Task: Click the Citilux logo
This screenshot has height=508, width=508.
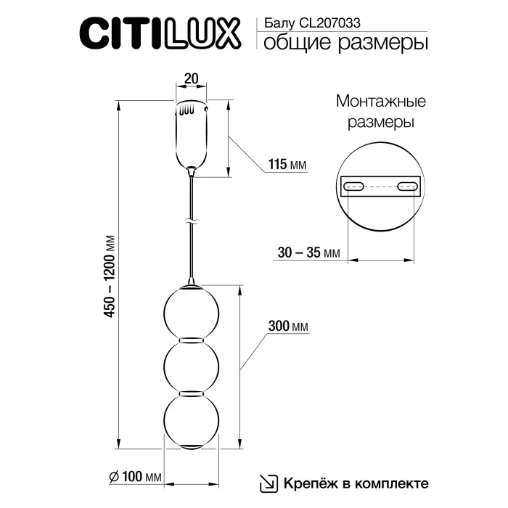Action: pos(160,33)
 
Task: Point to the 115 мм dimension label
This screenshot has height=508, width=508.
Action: pos(286,165)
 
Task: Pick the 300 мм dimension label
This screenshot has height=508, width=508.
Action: pos(288,327)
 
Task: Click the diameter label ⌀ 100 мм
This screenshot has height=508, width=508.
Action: pos(134,477)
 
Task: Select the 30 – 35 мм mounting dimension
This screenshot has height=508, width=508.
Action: pos(308,253)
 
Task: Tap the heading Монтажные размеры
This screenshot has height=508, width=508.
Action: pos(380,111)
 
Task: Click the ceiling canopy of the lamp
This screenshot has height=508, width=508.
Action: pos(192,135)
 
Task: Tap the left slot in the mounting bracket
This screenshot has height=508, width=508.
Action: pos(355,186)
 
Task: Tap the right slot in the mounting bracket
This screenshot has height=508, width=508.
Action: pos(406,186)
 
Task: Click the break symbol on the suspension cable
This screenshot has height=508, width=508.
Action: pos(191,219)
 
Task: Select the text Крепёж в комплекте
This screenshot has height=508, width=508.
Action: pos(354,483)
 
